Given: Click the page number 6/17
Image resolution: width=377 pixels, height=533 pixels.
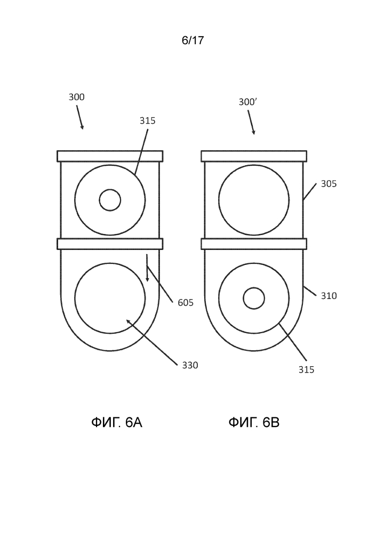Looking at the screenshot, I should click(x=192, y=41).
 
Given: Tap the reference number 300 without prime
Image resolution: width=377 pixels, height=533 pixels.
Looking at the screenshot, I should click(x=76, y=97).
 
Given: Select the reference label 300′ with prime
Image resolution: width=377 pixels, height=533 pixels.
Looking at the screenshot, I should click(x=248, y=102).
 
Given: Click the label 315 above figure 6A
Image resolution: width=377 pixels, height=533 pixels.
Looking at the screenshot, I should click(x=147, y=120).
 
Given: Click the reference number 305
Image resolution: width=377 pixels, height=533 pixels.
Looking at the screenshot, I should click(x=328, y=184).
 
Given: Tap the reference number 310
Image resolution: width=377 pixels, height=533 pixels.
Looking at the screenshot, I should click(x=328, y=295).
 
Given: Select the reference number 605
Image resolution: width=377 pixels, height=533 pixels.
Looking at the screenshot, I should click(x=186, y=303).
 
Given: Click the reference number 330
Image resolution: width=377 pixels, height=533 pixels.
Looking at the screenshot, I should click(x=190, y=365).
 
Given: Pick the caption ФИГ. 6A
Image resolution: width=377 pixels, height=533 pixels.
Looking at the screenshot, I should click(x=117, y=423).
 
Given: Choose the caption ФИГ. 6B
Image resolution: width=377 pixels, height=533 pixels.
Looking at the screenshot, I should click(x=254, y=423).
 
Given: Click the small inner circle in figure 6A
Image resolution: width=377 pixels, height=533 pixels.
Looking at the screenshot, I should click(x=110, y=200).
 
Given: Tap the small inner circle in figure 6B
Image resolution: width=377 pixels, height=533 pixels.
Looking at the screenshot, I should click(x=254, y=298).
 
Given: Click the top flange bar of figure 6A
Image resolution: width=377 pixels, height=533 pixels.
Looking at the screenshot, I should click(x=110, y=156).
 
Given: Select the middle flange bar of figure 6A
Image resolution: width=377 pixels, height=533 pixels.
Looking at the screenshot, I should click(x=110, y=244).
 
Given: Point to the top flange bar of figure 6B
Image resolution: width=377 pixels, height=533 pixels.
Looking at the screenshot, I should click(x=254, y=156).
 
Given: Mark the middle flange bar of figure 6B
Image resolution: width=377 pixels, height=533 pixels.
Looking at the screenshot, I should click(x=254, y=244).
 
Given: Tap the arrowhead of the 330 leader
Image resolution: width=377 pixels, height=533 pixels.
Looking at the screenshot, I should click(x=128, y=321).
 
